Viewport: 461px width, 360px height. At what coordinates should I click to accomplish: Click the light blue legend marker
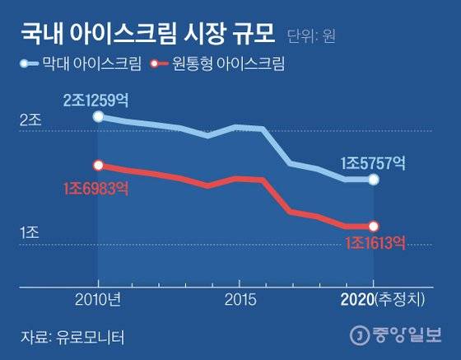point(30,63)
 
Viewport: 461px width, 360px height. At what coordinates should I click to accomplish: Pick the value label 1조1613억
point(375,242)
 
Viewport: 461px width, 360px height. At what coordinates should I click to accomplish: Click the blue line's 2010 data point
point(99,117)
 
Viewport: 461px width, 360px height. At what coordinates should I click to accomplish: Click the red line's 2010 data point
point(99,166)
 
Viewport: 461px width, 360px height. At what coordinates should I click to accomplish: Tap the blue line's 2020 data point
point(374,180)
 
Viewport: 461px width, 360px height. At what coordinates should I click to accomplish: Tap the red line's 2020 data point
point(374,226)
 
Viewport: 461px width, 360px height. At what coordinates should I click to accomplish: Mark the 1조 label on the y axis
point(30,235)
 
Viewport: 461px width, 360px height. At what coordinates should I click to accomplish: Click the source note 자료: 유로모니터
point(65,336)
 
